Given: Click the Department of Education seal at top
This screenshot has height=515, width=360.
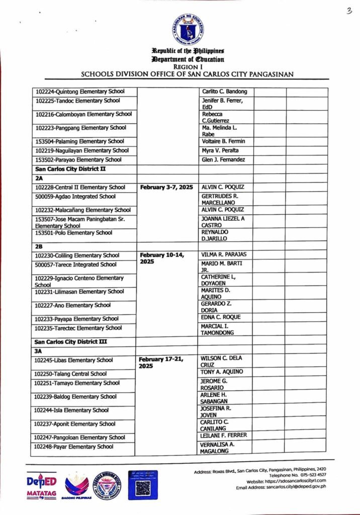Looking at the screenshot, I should point(187,29).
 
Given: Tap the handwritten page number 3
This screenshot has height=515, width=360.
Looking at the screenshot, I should point(348,12).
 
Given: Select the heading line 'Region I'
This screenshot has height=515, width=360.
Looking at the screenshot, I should point(187,66).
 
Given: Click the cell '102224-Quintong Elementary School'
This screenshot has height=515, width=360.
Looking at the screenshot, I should point(80,92).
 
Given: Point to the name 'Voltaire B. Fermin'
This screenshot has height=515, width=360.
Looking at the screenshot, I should point(223,141).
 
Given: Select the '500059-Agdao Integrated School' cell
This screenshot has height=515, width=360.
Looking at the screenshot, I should point(75,197).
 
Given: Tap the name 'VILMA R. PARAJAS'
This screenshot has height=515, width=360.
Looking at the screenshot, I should point(224,254).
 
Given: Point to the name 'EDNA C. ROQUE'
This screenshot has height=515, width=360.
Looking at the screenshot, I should point(221,317).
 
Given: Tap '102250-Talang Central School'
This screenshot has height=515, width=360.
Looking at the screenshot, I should point(71,374).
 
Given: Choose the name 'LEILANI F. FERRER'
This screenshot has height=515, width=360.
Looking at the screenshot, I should point(224,435).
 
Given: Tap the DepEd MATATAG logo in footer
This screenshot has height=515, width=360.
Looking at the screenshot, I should point(41,485).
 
